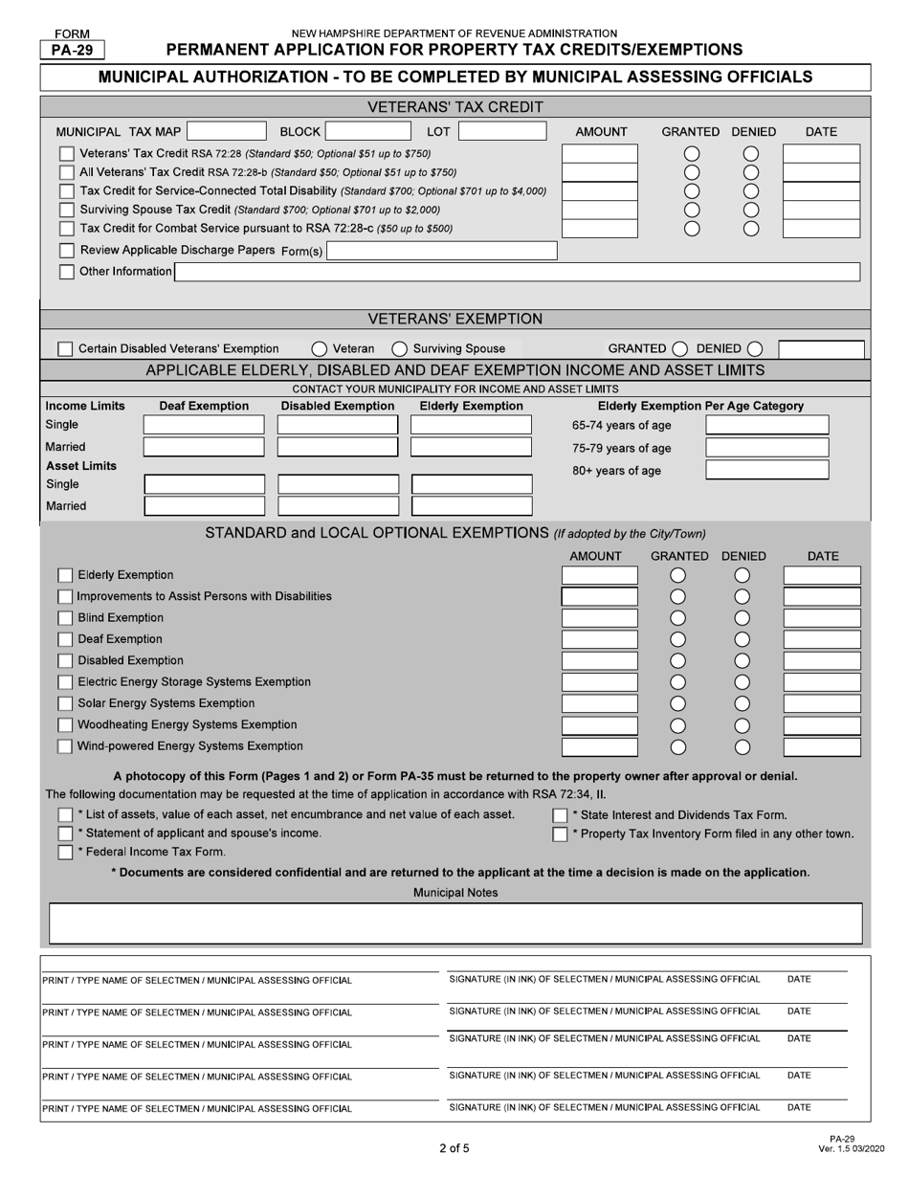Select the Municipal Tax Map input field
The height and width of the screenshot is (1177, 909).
[228, 132]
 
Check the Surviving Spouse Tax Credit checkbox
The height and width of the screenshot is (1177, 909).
[66, 210]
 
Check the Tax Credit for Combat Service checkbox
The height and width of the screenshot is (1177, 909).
[66, 229]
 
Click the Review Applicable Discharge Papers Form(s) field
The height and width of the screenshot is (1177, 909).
[441, 251]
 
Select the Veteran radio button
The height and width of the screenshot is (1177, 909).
[320, 349]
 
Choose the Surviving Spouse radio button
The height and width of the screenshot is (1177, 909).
[400, 349]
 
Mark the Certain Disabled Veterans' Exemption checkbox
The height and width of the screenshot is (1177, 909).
[65, 349]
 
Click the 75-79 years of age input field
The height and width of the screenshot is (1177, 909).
[767, 448]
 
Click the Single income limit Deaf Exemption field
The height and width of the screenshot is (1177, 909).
[204, 425]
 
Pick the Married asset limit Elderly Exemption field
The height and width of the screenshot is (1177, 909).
[471, 506]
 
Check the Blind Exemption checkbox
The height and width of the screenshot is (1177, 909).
[65, 618]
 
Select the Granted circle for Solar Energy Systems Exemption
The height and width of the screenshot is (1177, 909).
[677, 703]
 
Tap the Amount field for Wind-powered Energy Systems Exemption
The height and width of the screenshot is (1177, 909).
[599, 746]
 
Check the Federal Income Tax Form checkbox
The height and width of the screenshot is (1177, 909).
[65, 852]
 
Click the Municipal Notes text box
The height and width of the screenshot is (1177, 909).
[454, 923]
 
